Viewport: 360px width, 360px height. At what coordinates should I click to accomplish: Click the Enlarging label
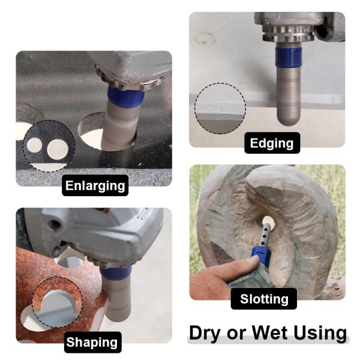(95, 185)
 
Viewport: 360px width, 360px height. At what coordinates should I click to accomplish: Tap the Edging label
(272, 143)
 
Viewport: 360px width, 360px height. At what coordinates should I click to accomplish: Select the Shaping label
(92, 342)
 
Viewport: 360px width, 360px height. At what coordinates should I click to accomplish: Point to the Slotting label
(264, 299)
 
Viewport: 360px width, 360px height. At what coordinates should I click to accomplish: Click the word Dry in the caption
(206, 332)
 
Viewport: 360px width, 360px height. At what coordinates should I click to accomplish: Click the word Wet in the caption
(269, 332)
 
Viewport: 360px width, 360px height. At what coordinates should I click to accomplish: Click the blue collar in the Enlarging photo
(126, 97)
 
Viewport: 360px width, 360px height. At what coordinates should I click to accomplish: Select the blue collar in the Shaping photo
(116, 274)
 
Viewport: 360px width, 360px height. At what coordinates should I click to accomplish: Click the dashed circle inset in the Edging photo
(220, 109)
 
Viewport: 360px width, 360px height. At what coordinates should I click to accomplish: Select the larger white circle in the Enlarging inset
(58, 149)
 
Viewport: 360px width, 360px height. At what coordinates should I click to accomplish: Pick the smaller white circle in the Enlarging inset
(35, 145)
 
